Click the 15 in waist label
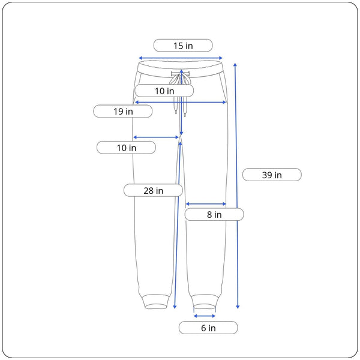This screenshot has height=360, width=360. [183, 46]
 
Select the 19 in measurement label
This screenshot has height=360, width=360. [123, 112]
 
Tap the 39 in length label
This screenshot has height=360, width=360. [272, 175]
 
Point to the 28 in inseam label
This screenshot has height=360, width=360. [153, 190]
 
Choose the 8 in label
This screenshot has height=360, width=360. [214, 214]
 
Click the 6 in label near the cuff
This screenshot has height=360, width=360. [208, 328]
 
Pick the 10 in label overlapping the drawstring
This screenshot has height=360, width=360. [164, 91]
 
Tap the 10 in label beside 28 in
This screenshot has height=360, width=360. [126, 148]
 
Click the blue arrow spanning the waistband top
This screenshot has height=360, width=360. [181, 58]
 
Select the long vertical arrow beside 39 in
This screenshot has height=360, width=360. [236, 186]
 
